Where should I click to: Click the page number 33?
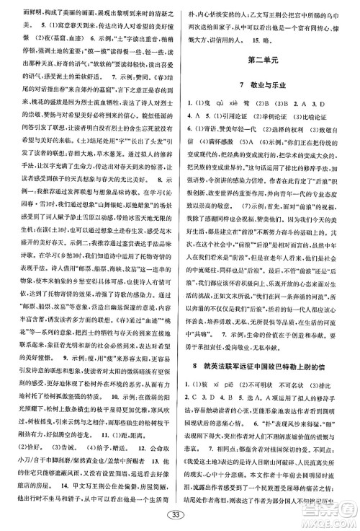coord(179,515)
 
